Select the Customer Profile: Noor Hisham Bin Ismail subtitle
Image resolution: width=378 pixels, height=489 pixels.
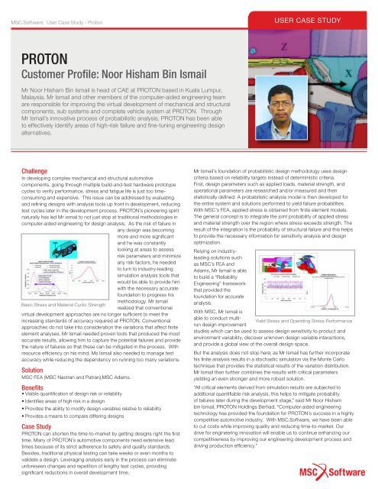click(x=117, y=73)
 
